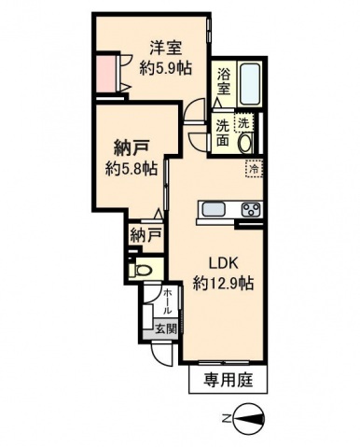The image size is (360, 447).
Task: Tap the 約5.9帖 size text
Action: [x=166, y=67]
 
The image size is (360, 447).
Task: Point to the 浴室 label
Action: [x=223, y=82]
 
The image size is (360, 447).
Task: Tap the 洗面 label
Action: [x=223, y=133]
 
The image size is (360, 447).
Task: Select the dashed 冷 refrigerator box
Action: [x=252, y=169]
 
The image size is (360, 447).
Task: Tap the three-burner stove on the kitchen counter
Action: [x=250, y=208]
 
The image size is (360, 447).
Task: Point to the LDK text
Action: [x=225, y=263]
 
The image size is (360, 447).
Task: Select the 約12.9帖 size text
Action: [x=225, y=282]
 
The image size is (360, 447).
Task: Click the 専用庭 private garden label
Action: [x=227, y=381]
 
